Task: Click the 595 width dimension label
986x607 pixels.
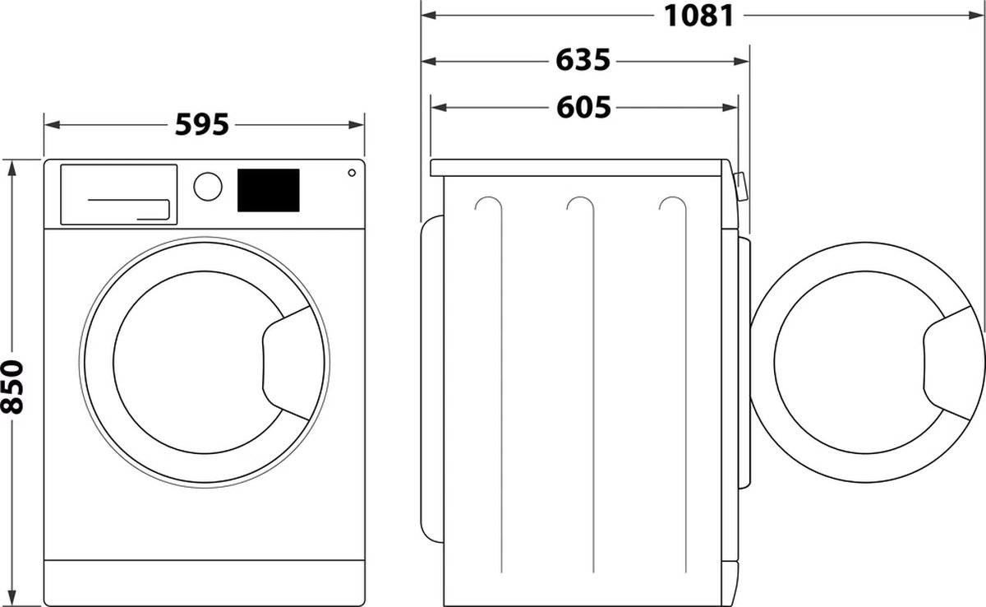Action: tap(202, 125)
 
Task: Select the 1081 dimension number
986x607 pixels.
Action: tap(698, 16)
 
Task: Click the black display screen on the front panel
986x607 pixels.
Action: tap(268, 190)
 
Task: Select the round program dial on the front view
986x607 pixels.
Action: tap(208, 185)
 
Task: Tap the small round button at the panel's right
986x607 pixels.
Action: tap(352, 173)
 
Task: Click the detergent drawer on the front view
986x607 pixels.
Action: tap(118, 193)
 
